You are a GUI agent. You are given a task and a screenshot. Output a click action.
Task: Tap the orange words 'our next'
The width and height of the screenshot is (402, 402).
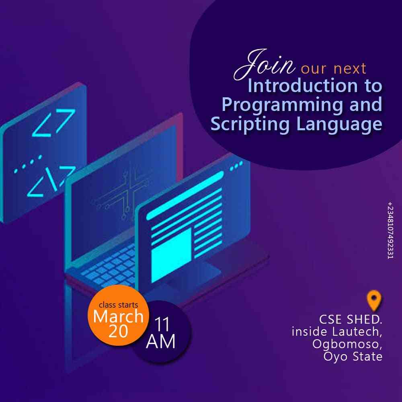(334, 68)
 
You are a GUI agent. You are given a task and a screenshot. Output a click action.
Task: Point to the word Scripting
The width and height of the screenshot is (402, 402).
(250, 125)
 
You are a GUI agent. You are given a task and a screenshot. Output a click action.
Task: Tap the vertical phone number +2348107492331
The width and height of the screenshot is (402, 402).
(390, 230)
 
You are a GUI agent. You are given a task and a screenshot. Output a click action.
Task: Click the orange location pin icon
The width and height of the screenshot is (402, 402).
(374, 300)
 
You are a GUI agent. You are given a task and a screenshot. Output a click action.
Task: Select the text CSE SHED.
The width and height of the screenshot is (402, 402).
(351, 320)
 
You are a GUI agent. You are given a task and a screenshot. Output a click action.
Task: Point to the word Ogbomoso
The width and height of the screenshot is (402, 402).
(347, 345)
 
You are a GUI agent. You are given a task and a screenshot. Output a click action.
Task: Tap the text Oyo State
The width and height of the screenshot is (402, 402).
(353, 356)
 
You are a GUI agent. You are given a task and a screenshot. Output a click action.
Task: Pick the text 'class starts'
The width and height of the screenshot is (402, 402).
(118, 305)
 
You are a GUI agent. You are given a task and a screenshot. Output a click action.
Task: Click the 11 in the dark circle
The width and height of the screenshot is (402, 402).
(162, 324)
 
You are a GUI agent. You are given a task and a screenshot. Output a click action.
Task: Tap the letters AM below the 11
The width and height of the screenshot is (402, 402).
(161, 341)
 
